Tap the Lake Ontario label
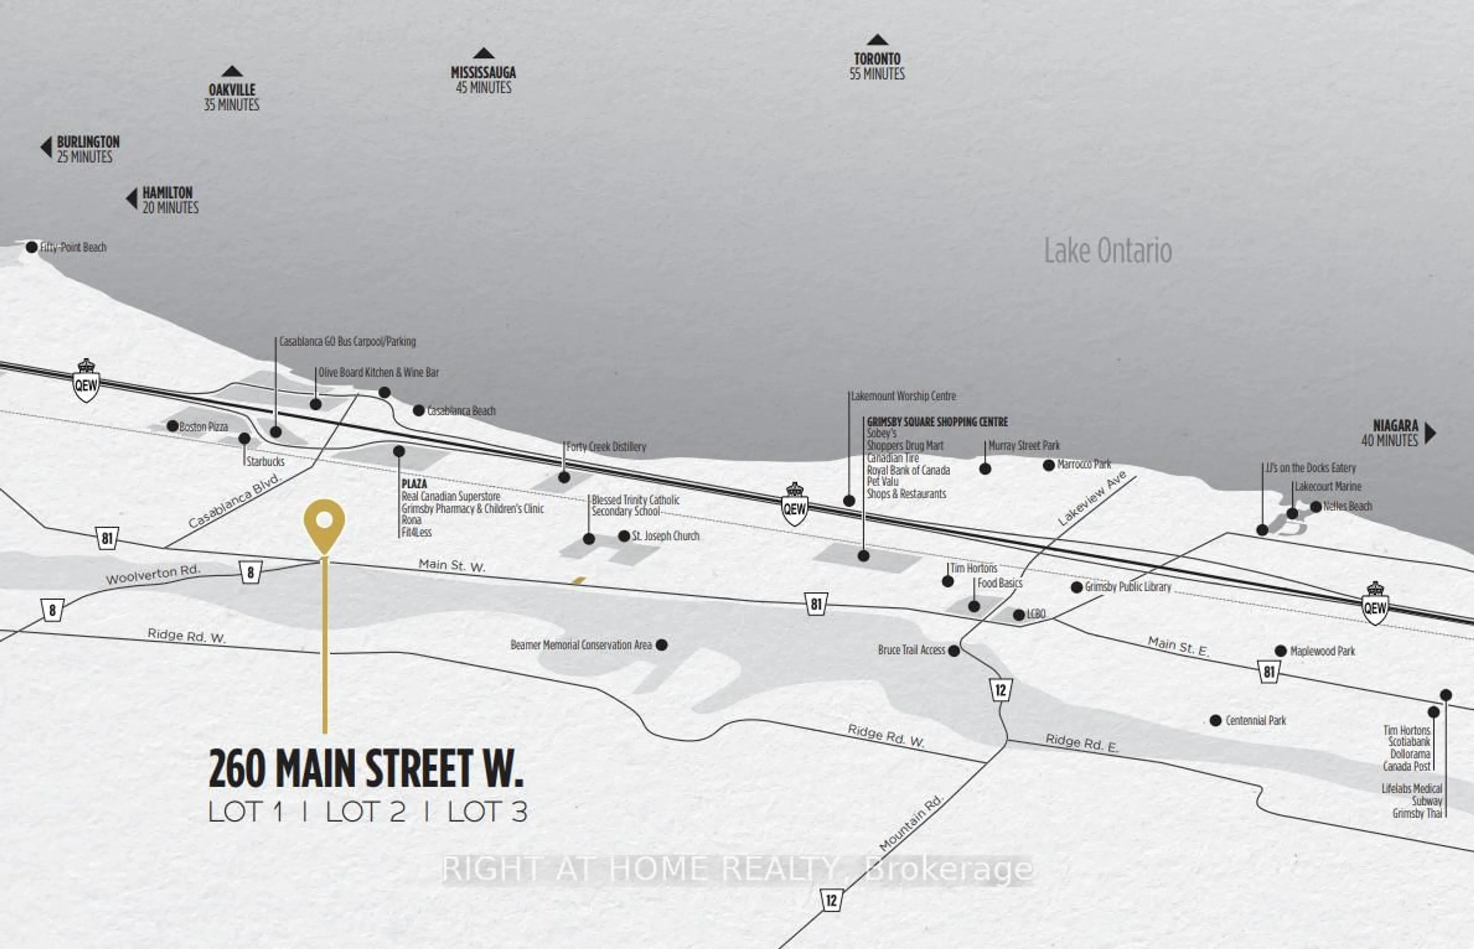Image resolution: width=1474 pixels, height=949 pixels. (1107, 251)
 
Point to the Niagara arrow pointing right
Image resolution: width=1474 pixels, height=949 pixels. (1430, 433)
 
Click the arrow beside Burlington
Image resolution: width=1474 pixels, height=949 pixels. (46, 147)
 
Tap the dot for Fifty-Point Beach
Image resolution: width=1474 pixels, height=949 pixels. (31, 247)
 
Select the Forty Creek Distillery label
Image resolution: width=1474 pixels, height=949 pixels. (606, 447)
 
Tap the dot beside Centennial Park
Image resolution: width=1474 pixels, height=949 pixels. (1216, 720)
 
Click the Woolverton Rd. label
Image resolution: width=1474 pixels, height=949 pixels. (153, 574)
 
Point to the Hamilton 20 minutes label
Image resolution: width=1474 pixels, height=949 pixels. (170, 200)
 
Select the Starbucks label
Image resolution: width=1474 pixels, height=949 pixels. (265, 461)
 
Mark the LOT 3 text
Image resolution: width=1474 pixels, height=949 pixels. (487, 812)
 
